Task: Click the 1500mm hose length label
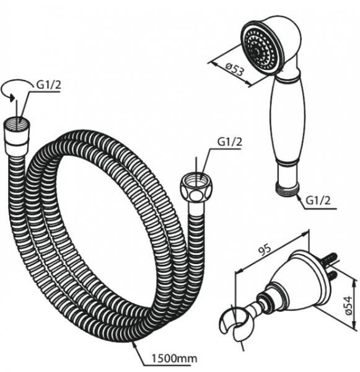click(x=174, y=358)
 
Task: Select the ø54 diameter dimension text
click(x=348, y=306)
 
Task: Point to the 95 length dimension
click(x=265, y=250)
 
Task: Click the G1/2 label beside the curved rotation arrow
click(x=48, y=84)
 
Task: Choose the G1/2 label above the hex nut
click(x=230, y=141)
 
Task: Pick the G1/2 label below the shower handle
click(x=318, y=201)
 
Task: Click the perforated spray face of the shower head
click(x=260, y=50)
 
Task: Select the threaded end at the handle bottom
click(x=288, y=188)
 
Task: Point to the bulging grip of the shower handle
click(x=287, y=121)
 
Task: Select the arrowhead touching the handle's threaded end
click(x=299, y=196)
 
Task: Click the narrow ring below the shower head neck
click(x=287, y=77)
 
